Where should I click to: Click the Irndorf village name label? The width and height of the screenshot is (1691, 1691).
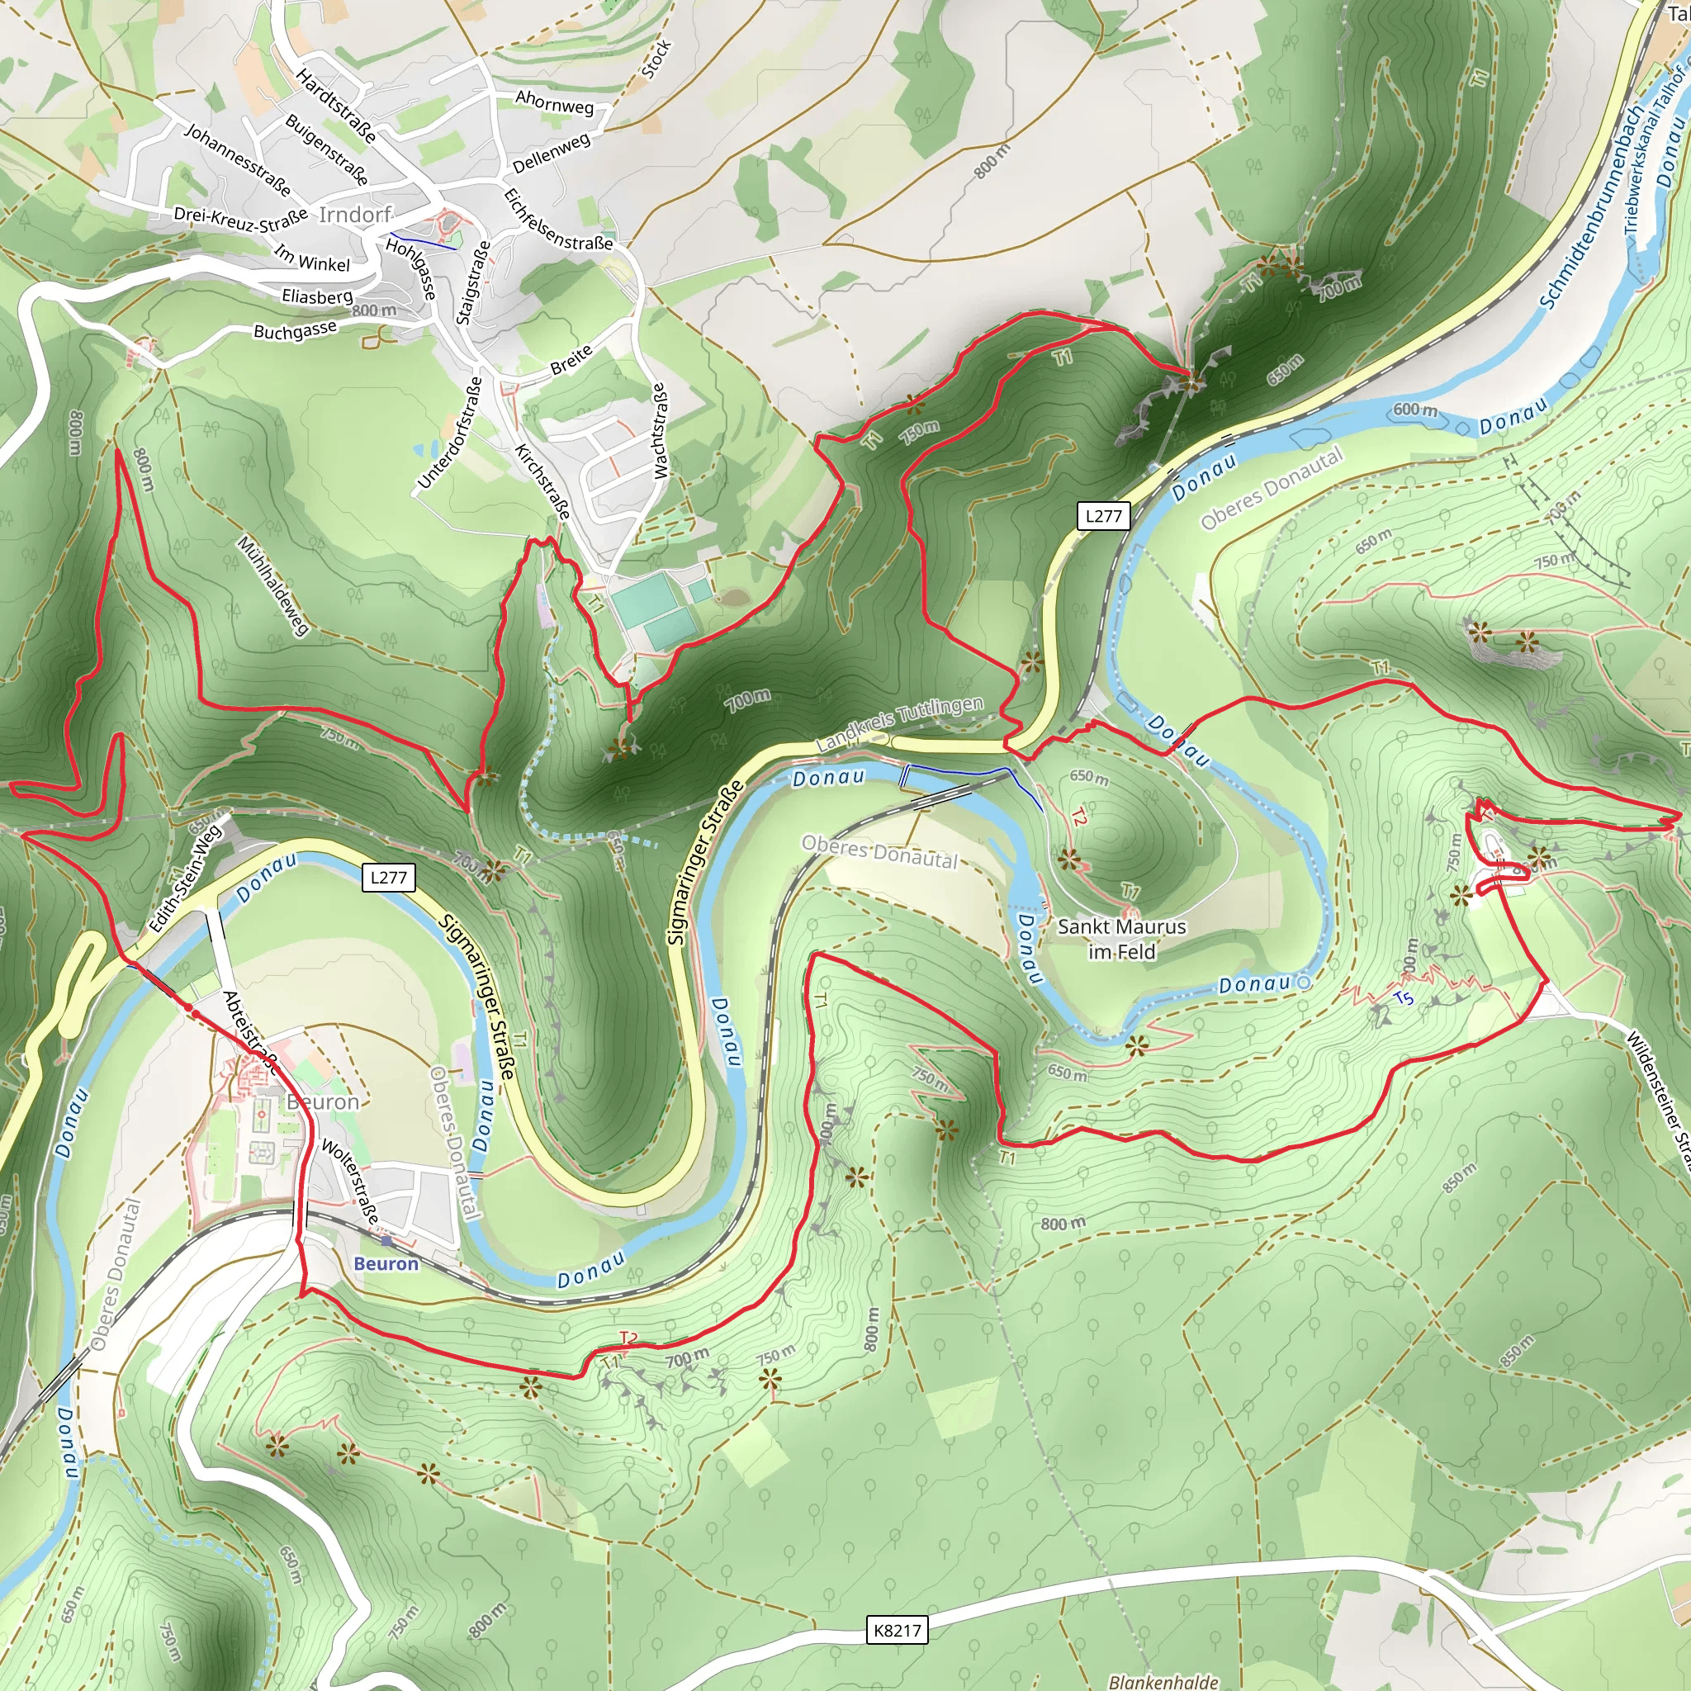tap(354, 215)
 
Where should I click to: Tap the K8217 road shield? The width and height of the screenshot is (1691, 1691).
tap(898, 1630)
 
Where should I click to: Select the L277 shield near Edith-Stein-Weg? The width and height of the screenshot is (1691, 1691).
tap(388, 877)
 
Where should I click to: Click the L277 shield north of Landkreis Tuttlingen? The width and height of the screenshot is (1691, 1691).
tap(1103, 515)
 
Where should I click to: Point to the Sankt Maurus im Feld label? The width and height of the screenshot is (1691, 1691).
tap(1121, 938)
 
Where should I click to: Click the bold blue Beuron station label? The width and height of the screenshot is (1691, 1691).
tap(386, 1264)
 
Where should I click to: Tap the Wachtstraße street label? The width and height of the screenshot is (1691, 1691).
tap(660, 431)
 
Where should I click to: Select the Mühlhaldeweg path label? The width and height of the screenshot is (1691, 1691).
tap(273, 585)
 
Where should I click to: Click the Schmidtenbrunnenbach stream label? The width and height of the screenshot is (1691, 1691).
tap(1591, 207)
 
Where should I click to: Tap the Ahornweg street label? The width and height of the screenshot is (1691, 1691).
tap(554, 102)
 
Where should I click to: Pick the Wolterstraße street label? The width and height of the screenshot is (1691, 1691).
tap(350, 1181)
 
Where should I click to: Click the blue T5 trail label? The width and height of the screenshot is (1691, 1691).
tap(1403, 999)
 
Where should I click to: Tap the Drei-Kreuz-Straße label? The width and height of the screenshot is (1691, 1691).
tap(239, 219)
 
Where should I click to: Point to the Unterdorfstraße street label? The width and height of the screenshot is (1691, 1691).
tap(450, 433)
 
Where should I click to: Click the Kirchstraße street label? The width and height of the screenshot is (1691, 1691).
tap(542, 481)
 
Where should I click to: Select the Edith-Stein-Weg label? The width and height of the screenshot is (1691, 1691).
tap(185, 878)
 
